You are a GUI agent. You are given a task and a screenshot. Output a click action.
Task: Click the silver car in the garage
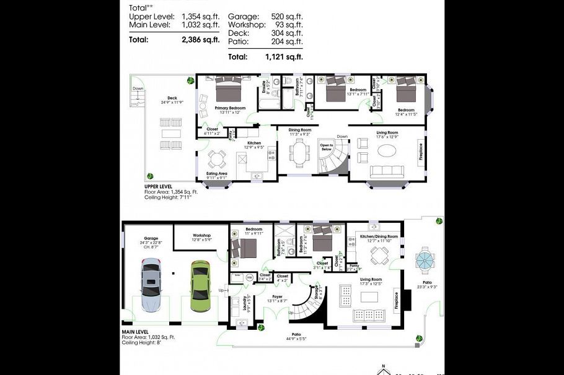pos(151,286)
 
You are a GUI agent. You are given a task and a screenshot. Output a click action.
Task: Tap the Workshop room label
pos(202,235)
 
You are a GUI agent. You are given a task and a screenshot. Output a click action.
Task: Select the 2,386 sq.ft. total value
pos(201,40)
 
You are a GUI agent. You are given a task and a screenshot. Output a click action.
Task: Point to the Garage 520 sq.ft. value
pos(287,15)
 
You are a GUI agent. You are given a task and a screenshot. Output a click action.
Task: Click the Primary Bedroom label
pos(229,108)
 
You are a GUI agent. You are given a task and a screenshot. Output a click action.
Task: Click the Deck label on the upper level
pos(172,97)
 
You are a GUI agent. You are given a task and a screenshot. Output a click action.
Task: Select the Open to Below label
pos(326,147)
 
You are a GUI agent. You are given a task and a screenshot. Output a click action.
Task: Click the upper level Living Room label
pos(387,132)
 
